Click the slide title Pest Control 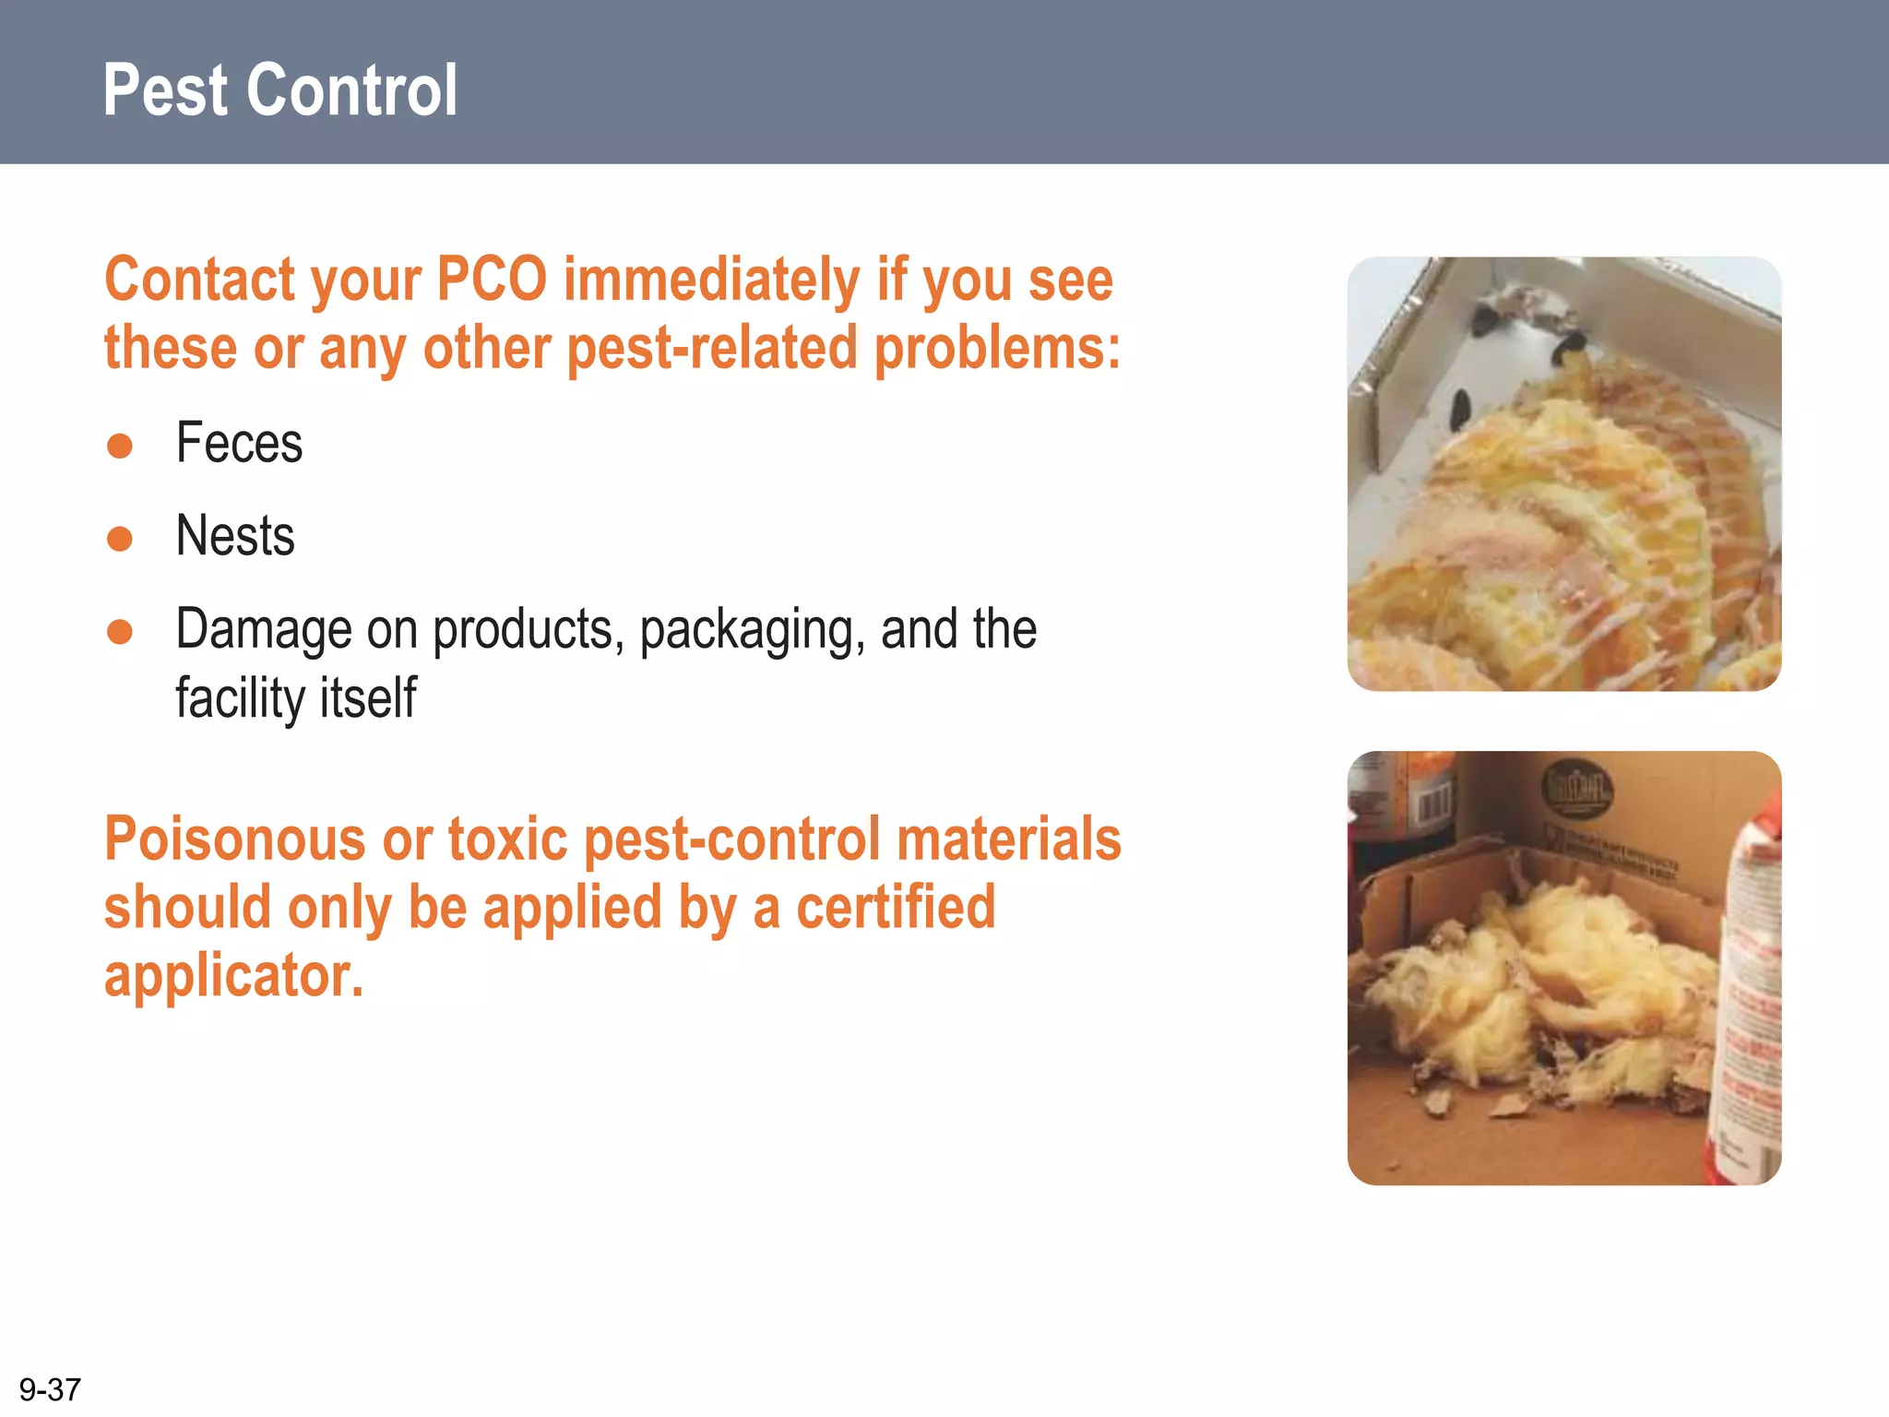[x=279, y=90]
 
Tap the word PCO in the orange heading [x=492, y=280]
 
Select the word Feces [x=239, y=443]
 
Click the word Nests [x=235, y=536]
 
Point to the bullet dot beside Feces [x=120, y=446]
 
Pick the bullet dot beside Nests [x=120, y=538]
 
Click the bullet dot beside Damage [x=120, y=632]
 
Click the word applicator [x=233, y=976]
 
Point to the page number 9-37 [x=50, y=1389]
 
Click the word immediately [x=711, y=280]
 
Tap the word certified [x=896, y=907]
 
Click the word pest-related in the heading [x=712, y=349]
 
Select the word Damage [x=264, y=630]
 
